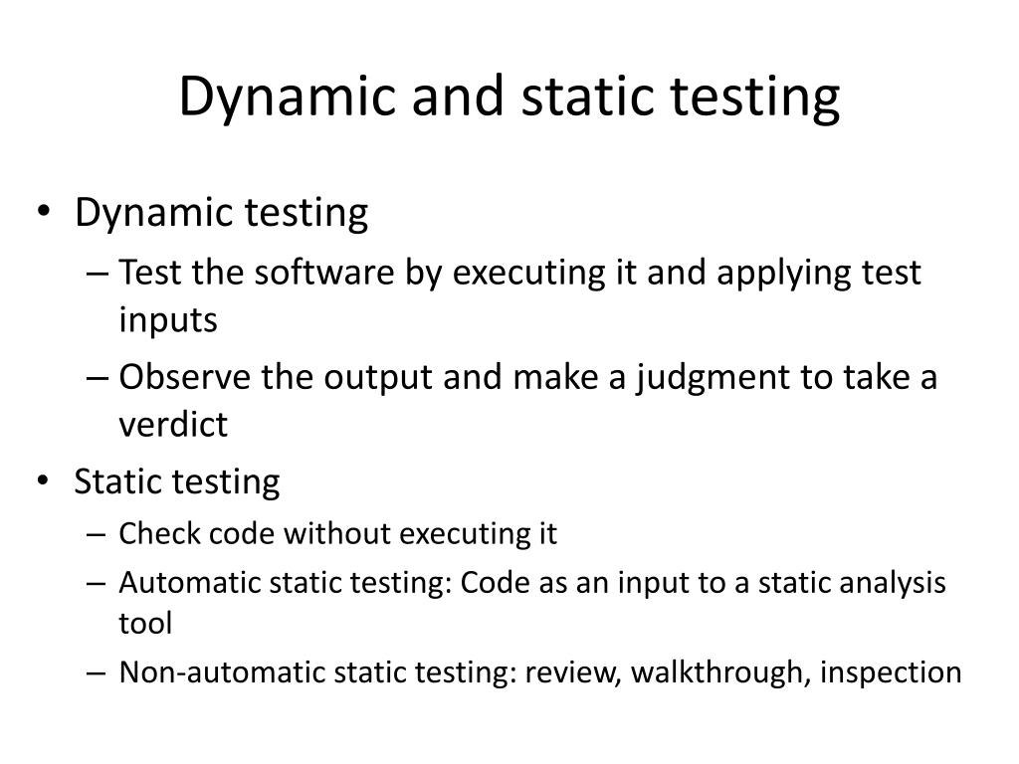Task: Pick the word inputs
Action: click(167, 320)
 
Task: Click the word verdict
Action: click(173, 426)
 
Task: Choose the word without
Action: click(338, 534)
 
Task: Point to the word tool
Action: click(145, 624)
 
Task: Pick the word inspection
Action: click(891, 672)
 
